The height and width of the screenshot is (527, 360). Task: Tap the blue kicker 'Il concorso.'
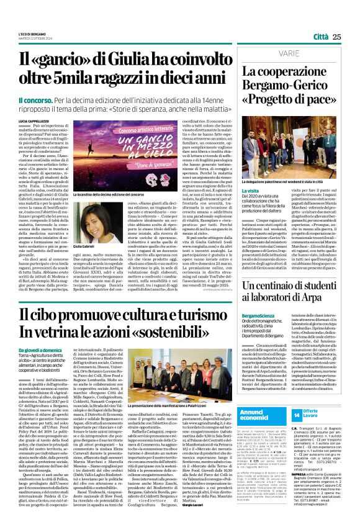(35, 99)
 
